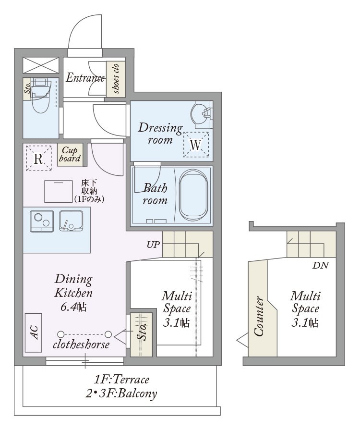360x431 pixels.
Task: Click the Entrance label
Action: [85, 77]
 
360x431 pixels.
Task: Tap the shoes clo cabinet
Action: [116, 79]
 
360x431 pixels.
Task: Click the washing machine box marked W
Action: [196, 144]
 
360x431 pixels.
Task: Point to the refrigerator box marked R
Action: [38, 159]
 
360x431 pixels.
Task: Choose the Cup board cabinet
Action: [70, 155]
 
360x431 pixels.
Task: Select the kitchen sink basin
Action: [71, 221]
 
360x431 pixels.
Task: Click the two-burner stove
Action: [42, 221]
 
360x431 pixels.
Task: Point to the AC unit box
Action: [33, 333]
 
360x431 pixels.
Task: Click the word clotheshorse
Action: [81, 345]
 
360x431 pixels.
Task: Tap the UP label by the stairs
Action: [154, 245]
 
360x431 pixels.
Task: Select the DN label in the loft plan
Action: [321, 265]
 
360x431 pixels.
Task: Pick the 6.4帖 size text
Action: [73, 307]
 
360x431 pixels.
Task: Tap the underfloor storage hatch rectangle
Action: [59, 192]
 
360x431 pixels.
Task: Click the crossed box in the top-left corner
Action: [41, 65]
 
